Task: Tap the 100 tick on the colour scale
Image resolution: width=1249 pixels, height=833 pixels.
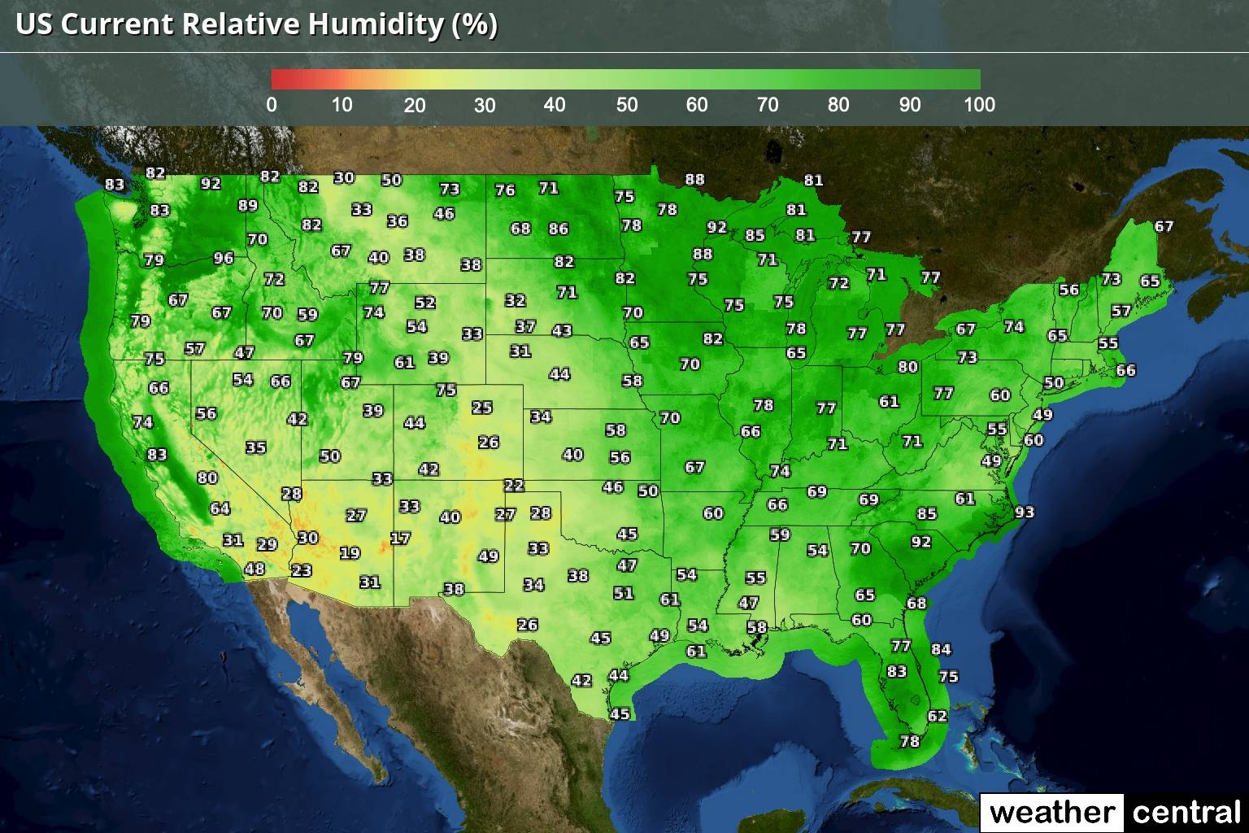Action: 979,104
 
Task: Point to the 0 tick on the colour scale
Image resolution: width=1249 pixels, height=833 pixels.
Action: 272,104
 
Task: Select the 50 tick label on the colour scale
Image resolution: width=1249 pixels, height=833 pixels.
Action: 626,104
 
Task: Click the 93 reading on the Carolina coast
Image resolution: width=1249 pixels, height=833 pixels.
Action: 1025,512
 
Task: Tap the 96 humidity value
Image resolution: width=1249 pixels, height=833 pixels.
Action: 224,258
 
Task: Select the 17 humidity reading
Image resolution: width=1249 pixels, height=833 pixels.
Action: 400,538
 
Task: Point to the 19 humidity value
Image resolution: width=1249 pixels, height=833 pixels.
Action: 350,553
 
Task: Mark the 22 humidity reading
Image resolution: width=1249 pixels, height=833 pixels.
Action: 514,486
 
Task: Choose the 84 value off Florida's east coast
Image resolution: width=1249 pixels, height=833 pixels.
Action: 941,649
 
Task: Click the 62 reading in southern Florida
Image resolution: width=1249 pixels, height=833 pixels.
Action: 938,716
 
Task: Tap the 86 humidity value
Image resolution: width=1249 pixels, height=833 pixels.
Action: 559,229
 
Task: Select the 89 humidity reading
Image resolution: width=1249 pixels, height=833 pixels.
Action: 248,206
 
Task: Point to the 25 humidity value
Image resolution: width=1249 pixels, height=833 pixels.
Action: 482,407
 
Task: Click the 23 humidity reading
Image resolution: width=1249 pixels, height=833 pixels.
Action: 302,570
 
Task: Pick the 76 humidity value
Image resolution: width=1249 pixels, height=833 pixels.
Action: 506,190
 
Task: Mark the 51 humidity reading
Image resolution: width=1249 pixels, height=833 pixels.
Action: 624,593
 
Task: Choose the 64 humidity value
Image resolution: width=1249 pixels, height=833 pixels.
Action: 220,508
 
